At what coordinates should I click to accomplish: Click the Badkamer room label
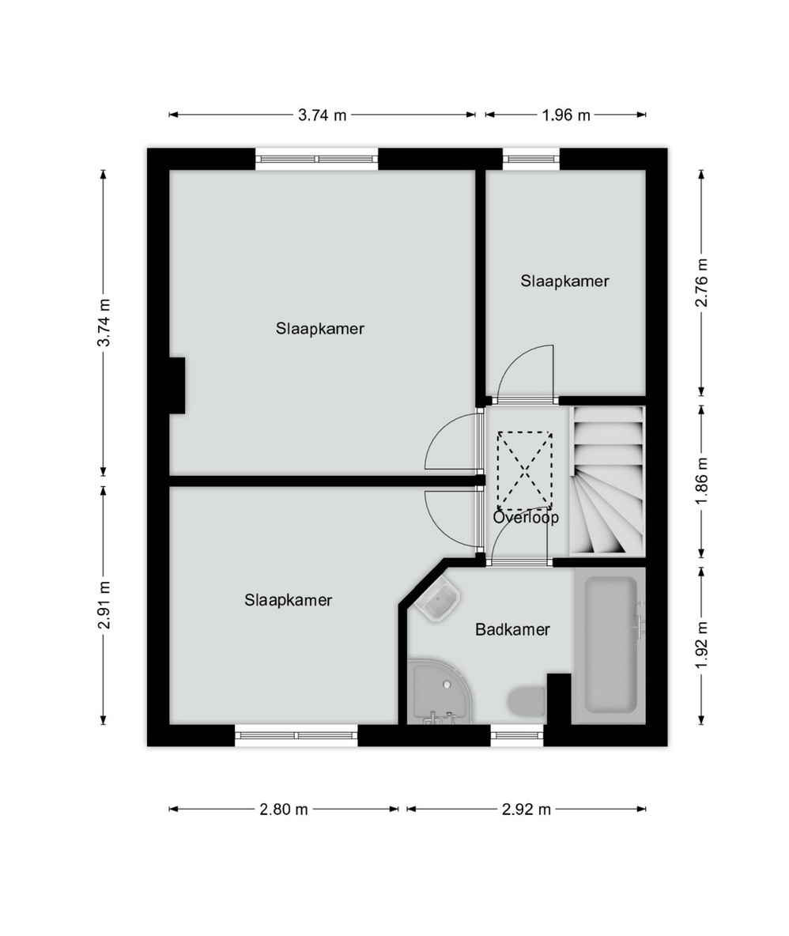512,629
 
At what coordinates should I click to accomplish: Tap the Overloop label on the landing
526,517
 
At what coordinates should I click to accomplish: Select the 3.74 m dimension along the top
323,115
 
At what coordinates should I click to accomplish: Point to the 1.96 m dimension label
566,115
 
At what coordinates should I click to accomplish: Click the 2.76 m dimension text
702,282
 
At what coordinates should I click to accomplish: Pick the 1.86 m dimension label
702,481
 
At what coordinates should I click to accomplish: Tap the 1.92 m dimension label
702,645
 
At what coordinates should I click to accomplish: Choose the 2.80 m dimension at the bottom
284,810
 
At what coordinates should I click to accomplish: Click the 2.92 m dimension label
526,810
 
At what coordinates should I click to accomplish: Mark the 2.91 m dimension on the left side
104,605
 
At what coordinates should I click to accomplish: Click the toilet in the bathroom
527,701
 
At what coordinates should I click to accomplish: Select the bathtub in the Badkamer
610,645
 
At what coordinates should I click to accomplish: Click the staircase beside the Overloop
607,481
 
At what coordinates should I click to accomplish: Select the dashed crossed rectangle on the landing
525,468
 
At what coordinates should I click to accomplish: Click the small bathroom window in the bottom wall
517,735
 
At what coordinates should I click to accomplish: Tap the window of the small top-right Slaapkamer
531,159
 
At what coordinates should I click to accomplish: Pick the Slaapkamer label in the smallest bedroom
564,281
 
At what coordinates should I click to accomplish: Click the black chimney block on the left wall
176,385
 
